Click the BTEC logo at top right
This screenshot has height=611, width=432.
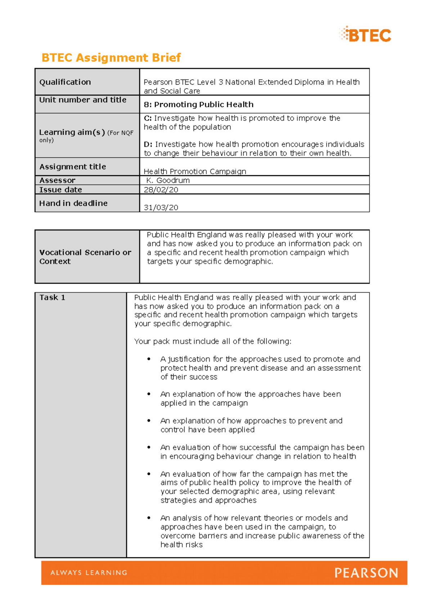click(365, 35)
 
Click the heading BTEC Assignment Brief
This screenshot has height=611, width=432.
click(111, 58)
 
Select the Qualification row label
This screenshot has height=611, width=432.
click(65, 82)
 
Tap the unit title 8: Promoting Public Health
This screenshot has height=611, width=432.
click(198, 104)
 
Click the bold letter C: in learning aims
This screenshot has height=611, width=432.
click(148, 118)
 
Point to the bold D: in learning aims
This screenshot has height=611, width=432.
click(148, 144)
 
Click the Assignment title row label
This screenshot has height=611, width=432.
click(73, 167)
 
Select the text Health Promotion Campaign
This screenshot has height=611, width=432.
click(195, 171)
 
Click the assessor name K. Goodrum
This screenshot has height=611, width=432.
click(168, 180)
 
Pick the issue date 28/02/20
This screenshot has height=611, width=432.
click(161, 190)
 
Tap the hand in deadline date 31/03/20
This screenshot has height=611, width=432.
click(161, 207)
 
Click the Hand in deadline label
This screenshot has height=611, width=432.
click(73, 203)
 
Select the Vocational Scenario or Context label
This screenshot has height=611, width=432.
click(85, 257)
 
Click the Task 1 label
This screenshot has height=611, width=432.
click(52, 297)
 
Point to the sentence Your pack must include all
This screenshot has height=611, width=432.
click(212, 341)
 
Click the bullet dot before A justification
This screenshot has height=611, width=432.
click(149, 359)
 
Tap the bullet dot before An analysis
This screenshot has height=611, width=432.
click(149, 518)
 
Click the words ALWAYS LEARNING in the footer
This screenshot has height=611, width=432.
click(89, 572)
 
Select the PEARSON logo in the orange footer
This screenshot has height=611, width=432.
click(366, 572)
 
